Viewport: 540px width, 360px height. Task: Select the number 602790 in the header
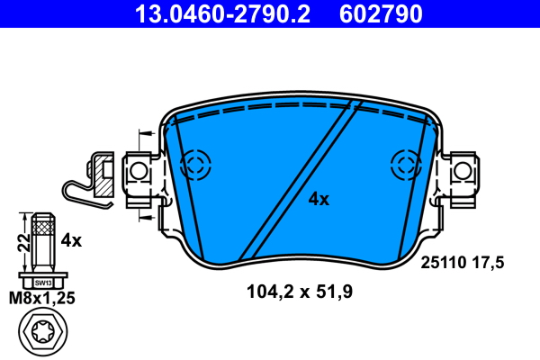point(380,13)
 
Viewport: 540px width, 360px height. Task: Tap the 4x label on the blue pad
point(319,199)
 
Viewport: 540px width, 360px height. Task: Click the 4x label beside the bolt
point(71,240)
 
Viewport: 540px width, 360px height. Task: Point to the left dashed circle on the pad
point(195,164)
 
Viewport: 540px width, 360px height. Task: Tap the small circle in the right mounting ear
point(462,170)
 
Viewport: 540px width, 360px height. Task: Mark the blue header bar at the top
point(270,13)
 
